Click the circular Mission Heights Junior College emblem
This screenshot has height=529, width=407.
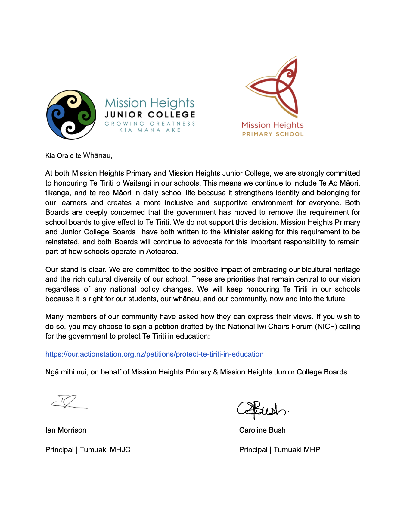point(71,114)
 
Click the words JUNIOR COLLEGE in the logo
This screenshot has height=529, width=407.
point(150,115)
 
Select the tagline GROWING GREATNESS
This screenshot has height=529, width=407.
point(150,124)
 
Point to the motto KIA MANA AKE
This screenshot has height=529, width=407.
point(150,130)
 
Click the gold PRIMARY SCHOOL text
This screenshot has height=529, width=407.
point(273,134)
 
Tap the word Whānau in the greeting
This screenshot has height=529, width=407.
point(97,155)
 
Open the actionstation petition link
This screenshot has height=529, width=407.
point(154,354)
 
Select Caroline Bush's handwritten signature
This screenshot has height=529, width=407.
point(261,409)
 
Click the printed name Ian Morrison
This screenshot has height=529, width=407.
point(66,430)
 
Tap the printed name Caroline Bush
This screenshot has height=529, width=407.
point(262,430)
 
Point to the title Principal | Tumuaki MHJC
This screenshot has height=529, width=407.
point(88,450)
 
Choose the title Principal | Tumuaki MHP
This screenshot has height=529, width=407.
point(279,450)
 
